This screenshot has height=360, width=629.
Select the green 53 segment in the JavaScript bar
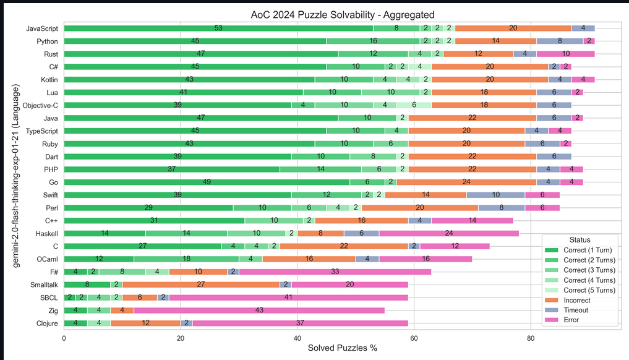[218, 28]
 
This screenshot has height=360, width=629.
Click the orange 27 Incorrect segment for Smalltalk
[201, 285]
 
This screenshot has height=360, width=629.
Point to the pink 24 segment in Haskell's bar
[449, 233]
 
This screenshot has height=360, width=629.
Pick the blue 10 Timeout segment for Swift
[495, 195]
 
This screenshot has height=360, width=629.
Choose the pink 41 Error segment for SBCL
[288, 297]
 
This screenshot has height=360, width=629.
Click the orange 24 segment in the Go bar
[466, 182]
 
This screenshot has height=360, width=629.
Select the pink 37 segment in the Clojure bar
[301, 323]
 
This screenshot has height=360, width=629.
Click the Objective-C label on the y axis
[40, 105]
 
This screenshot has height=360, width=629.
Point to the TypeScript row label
[41, 131]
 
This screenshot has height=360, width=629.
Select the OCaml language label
[47, 259]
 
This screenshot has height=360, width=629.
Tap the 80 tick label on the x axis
[531, 338]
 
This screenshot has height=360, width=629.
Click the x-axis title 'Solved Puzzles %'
[342, 349]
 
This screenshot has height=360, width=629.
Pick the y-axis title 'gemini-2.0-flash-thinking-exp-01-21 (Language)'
[17, 176]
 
